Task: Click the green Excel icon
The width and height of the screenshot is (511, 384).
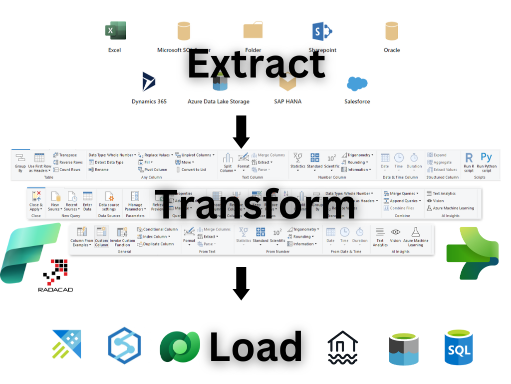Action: (x=115, y=31)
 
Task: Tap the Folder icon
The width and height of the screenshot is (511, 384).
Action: (x=253, y=31)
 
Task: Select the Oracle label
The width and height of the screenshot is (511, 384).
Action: (x=392, y=50)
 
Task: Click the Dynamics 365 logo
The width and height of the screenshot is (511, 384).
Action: (x=149, y=81)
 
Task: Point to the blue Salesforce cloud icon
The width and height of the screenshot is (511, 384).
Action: (x=357, y=83)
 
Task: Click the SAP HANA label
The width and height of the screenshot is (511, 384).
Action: (x=287, y=101)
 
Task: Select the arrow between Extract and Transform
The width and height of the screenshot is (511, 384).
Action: (x=242, y=131)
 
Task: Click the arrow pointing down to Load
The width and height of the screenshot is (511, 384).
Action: (x=242, y=283)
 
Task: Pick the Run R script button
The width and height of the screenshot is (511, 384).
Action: (x=469, y=162)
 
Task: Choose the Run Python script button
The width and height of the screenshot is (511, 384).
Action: (x=487, y=162)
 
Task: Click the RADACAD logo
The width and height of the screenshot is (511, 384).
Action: (x=53, y=275)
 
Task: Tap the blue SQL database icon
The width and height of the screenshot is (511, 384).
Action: (x=459, y=346)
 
